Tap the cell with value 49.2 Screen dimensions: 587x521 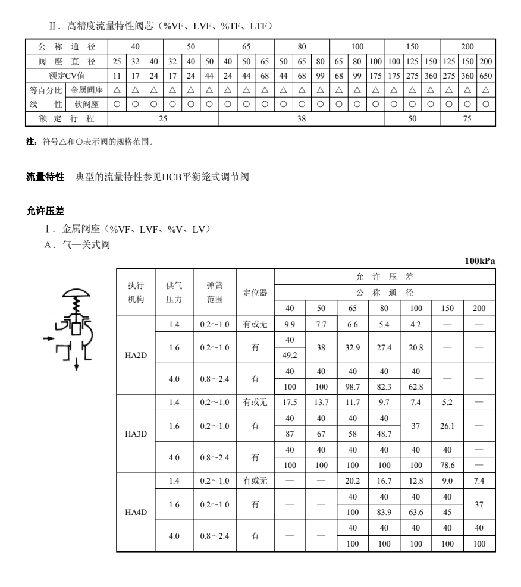pyautogui.click(x=290, y=355)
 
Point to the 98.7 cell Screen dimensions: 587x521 pyautogui.click(x=353, y=386)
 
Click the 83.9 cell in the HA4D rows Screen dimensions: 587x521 pyautogui.click(x=384, y=512)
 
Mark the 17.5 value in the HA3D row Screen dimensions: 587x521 pyautogui.click(x=290, y=402)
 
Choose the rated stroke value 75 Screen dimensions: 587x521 pyautogui.click(x=467, y=118)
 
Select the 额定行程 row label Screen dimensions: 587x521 pyautogui.click(x=67, y=118)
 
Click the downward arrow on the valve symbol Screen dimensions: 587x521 pyautogui.click(x=76, y=364)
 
